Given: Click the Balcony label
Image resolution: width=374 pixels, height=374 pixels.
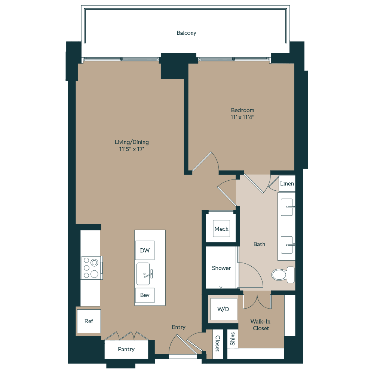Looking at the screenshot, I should click(x=186, y=33).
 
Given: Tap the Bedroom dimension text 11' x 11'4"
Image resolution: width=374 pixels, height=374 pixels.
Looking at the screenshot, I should click(x=242, y=117).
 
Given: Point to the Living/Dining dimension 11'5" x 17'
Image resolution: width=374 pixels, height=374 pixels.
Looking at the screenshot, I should click(x=132, y=149).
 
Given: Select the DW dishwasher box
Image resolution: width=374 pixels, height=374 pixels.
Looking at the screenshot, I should click(x=145, y=251).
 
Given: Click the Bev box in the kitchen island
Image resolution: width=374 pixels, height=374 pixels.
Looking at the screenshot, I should click(x=145, y=295).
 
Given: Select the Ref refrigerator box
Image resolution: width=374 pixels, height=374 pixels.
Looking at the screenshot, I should click(x=89, y=321).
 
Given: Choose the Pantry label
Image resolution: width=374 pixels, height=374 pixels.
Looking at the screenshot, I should click(x=126, y=349).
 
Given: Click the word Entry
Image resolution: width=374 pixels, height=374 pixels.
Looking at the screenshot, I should click(x=178, y=327).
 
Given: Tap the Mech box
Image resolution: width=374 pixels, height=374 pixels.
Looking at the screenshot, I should click(x=221, y=229).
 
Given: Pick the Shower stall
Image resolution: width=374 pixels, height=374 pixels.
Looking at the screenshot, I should click(x=221, y=268).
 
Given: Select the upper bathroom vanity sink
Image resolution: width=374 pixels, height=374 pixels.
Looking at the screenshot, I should click(x=287, y=207).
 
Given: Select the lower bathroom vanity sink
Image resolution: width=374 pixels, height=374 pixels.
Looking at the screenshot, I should click(x=287, y=245).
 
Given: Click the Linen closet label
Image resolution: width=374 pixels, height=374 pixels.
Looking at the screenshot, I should click(x=287, y=184).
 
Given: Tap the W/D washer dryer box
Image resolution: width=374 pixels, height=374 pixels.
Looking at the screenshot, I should click(x=223, y=309).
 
